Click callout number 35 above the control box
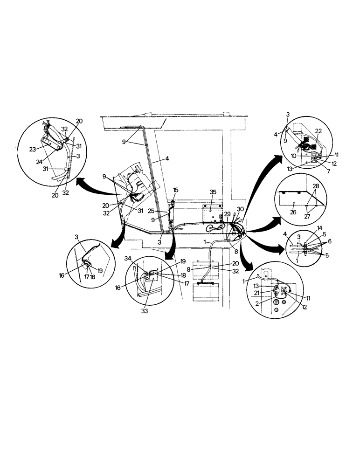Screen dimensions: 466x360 tap(213, 192)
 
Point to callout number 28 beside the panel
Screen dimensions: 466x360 tap(317, 185)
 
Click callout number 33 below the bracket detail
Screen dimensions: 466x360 tap(145, 311)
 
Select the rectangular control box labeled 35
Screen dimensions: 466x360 tap(213, 212)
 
